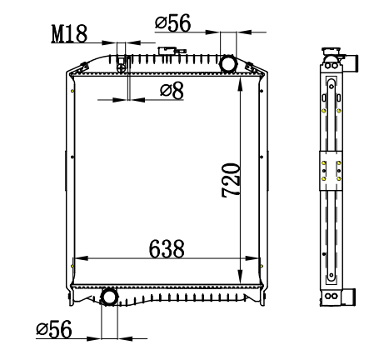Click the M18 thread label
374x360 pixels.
(x=69, y=34)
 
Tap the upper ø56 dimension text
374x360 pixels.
(x=173, y=22)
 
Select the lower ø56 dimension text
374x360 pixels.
(x=54, y=329)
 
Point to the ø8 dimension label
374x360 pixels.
(x=172, y=90)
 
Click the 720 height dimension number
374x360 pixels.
(x=231, y=180)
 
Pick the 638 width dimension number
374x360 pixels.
(x=167, y=249)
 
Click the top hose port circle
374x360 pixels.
(x=228, y=64)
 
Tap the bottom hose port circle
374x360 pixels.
(x=109, y=297)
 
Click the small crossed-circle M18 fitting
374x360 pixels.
(x=122, y=68)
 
